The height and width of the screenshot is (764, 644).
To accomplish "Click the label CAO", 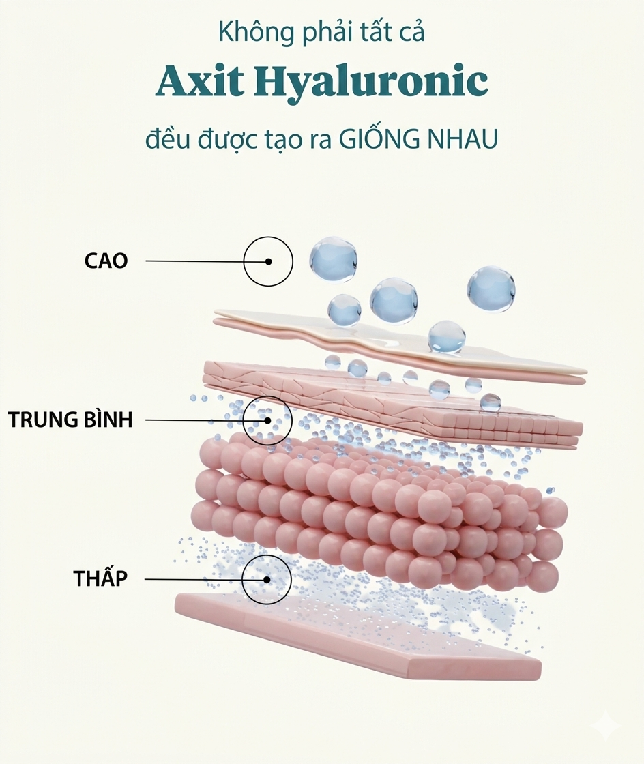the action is coord(106,261).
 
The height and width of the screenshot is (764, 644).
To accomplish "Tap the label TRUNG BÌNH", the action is coord(70,419).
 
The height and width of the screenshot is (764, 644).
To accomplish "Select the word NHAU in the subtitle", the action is coord(463,139).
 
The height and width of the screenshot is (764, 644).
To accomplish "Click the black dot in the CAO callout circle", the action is coord(268,261).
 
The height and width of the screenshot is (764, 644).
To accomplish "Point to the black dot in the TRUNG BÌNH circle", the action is coord(267,420).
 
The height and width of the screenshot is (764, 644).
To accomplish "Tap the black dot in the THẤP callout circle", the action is coord(267,579).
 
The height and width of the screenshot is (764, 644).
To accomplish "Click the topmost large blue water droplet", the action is coord(333,259).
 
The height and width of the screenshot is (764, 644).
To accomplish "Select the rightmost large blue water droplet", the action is coord(491,289).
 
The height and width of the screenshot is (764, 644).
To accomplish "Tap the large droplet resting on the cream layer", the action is coord(447,337).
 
